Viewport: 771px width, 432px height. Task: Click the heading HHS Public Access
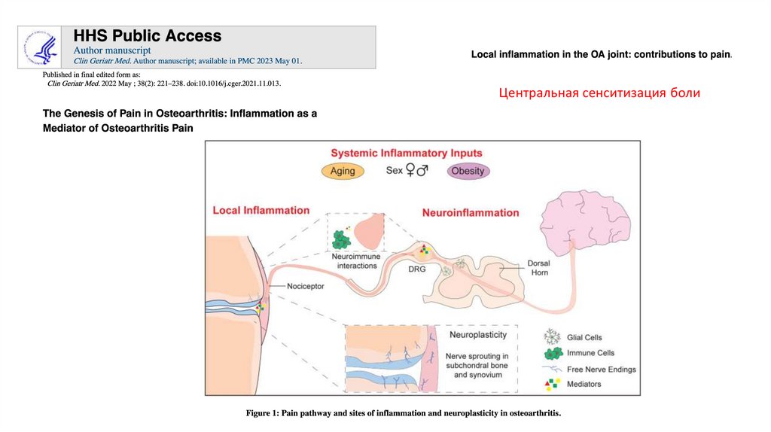(x=148, y=35)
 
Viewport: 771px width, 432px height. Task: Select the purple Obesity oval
(x=468, y=171)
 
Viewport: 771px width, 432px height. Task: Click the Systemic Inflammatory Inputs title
(x=407, y=153)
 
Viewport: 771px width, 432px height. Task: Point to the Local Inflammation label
(x=261, y=210)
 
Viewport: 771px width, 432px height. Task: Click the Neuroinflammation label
(x=471, y=212)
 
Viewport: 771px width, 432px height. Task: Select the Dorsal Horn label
(x=538, y=268)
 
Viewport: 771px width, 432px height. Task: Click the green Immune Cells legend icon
(x=553, y=353)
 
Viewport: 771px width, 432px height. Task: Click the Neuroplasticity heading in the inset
(x=477, y=334)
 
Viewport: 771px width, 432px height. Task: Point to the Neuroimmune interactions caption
(x=357, y=260)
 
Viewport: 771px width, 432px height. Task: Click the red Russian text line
(x=599, y=93)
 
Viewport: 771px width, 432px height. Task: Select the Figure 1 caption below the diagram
(x=404, y=414)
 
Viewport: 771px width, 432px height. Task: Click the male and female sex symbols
(x=417, y=171)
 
